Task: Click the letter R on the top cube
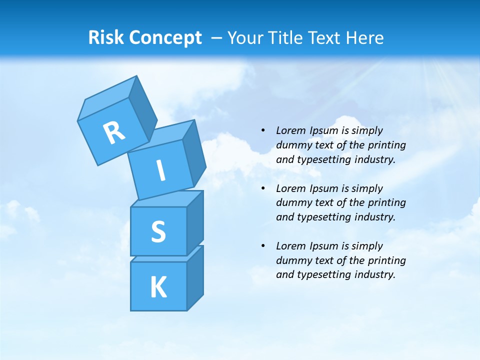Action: (x=114, y=133)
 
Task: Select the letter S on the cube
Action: (x=158, y=231)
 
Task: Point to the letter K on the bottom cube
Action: (x=158, y=287)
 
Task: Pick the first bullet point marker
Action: (x=262, y=130)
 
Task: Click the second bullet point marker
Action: (x=262, y=188)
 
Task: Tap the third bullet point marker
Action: (x=262, y=246)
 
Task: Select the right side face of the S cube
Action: (x=195, y=223)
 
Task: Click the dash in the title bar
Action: (x=217, y=38)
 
